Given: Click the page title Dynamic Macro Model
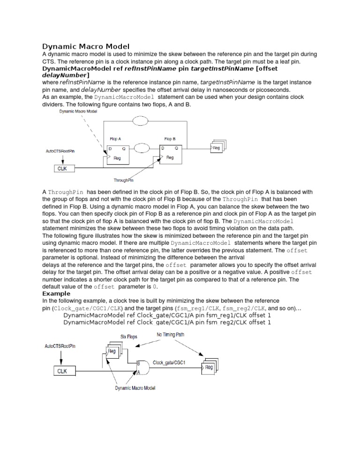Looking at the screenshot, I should (x=86, y=46).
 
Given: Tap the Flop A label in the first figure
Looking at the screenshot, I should (x=115, y=139).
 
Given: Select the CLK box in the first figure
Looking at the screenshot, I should (x=61, y=168).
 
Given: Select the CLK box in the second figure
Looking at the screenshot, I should (x=62, y=371).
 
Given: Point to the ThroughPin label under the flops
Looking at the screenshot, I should (x=124, y=180).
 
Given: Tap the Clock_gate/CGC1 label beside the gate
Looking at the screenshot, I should (x=170, y=363).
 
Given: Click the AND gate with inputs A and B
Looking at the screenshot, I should (x=143, y=367).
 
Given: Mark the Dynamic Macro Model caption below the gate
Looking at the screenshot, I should (x=135, y=388).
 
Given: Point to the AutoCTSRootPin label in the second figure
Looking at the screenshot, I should (x=60, y=346).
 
